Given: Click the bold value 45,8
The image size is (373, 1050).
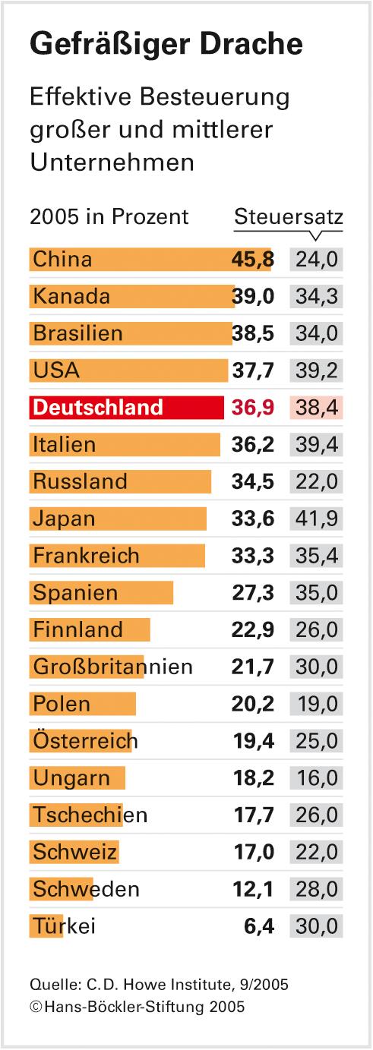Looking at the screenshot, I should (252, 259).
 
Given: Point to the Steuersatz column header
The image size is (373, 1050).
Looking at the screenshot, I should (289, 216).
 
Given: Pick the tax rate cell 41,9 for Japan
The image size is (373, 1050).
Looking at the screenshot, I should (317, 519).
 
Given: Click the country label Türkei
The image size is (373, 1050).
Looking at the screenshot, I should (64, 926).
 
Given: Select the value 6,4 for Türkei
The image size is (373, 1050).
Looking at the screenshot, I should (258, 926).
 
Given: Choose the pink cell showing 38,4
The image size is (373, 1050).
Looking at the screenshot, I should (317, 407).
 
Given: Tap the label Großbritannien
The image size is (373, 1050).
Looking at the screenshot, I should (112, 667).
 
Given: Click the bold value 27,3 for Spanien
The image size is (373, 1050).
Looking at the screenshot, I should (252, 592).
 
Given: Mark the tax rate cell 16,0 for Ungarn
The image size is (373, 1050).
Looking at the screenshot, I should (317, 778).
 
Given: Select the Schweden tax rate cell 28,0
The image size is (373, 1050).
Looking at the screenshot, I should (317, 889).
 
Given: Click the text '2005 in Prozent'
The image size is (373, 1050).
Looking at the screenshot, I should (109, 216).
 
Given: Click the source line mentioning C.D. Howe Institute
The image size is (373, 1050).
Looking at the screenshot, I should (159, 985).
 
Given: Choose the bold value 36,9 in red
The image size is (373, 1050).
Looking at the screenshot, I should (252, 407).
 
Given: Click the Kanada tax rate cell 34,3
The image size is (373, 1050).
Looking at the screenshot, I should (317, 296).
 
